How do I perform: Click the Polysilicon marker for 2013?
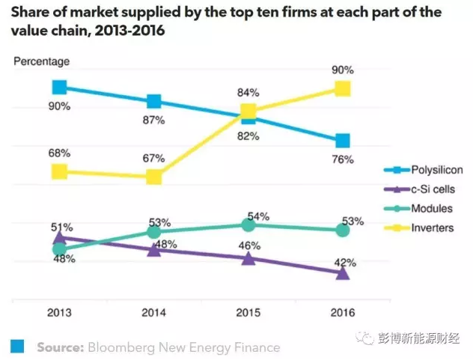[59, 88]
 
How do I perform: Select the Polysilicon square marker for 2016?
[343, 141]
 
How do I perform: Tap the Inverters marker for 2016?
[343, 89]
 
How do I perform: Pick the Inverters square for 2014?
[154, 177]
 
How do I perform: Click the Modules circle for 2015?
[248, 225]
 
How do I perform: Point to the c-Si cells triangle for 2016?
[343, 273]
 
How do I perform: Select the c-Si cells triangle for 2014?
[154, 249]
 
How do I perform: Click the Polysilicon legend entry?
[427, 170]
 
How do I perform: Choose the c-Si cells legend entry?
[427, 189]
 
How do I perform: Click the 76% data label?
[343, 159]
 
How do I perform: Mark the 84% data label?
[248, 93]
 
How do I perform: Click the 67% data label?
[154, 158]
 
